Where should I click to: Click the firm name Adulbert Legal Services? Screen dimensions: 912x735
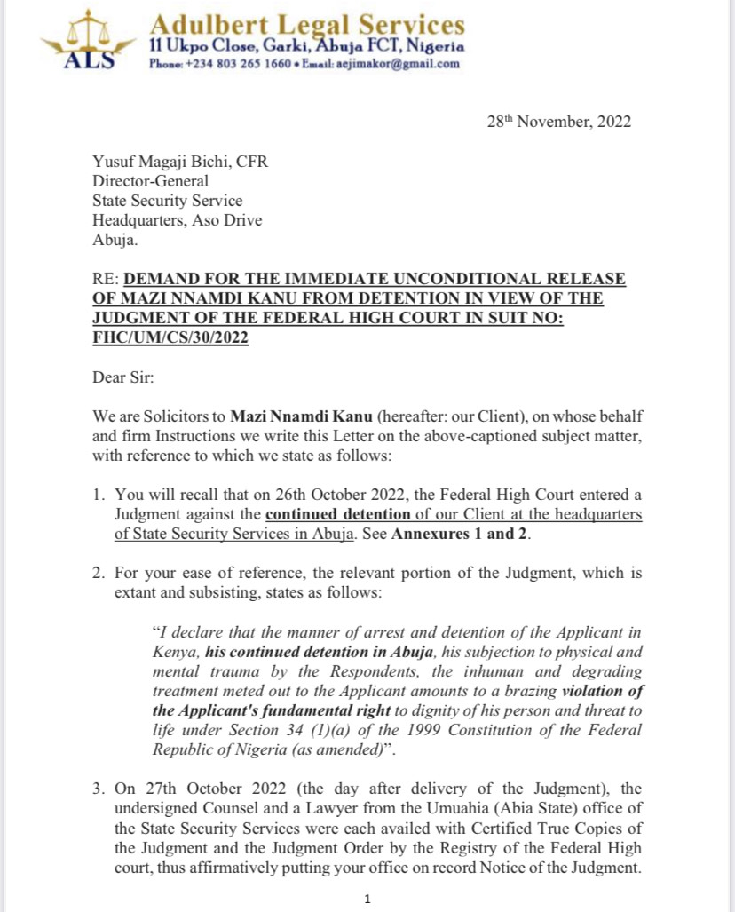(306, 23)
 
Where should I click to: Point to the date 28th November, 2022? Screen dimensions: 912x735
(559, 123)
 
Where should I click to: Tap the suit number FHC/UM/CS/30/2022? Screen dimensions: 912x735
(170, 338)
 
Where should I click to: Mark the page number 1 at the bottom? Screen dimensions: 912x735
(367, 899)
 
